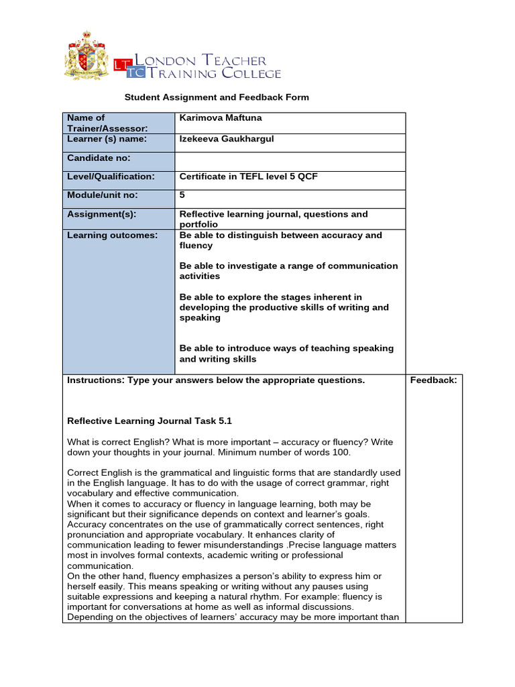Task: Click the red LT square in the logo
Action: (x=121, y=65)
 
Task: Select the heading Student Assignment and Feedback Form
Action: (x=217, y=97)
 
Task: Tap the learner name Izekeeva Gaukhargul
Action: (x=227, y=139)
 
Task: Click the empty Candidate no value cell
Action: (x=290, y=161)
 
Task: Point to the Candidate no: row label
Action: (x=99, y=158)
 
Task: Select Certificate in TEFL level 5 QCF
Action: (x=248, y=176)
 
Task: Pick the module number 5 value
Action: (x=182, y=195)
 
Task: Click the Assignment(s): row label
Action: (x=101, y=214)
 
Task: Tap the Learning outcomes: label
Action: (x=112, y=235)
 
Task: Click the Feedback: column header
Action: (x=433, y=380)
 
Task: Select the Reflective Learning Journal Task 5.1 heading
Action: (x=150, y=421)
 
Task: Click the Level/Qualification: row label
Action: (x=111, y=176)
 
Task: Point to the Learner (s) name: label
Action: (x=107, y=139)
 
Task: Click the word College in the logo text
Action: (x=251, y=73)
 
